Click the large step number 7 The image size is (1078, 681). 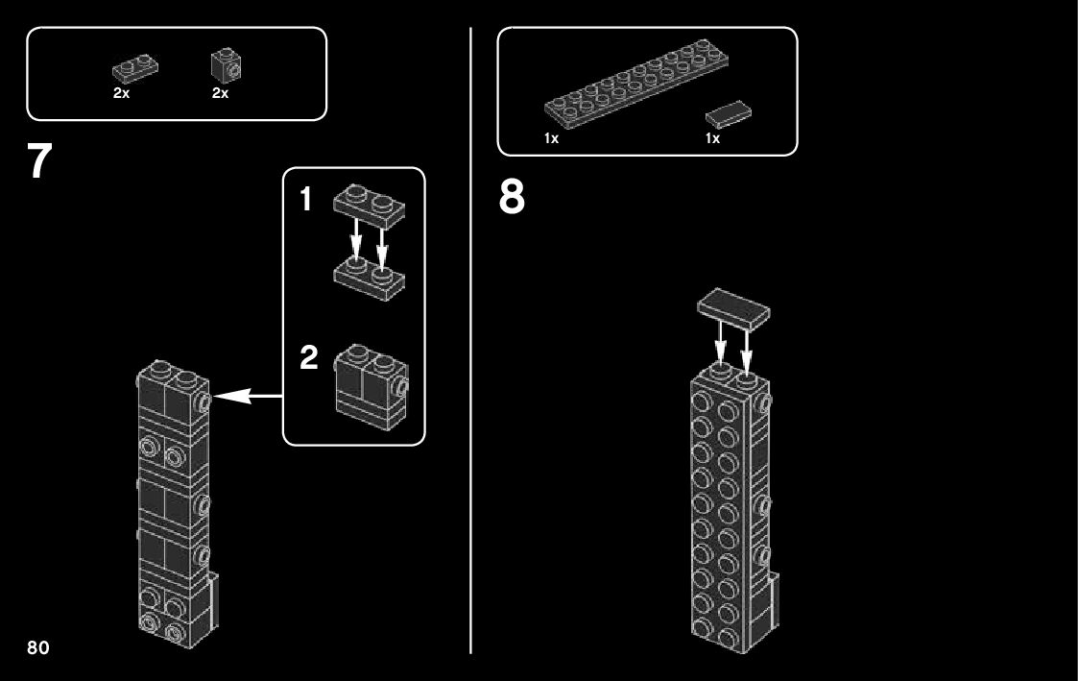coord(39,161)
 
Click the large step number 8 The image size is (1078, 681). coord(512,197)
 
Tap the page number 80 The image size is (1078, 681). coord(38,647)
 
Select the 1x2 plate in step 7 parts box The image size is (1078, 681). coord(135,68)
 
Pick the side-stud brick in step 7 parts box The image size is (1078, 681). coord(226,65)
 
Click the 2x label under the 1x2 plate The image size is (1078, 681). coord(122,93)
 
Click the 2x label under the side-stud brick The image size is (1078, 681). coord(220,93)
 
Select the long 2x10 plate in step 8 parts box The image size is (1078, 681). coord(635,84)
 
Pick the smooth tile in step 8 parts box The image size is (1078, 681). coord(728,114)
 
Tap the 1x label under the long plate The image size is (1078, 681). coord(551,138)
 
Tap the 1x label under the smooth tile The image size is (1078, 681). coord(713,138)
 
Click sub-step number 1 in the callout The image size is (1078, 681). coord(306,200)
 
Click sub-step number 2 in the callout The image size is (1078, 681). coord(309,357)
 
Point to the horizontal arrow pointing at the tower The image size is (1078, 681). coord(249,397)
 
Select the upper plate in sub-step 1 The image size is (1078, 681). coord(370,206)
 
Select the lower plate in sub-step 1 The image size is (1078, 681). coord(370,278)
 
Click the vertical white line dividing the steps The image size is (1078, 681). coord(471,340)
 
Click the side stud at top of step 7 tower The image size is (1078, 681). coord(204,402)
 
